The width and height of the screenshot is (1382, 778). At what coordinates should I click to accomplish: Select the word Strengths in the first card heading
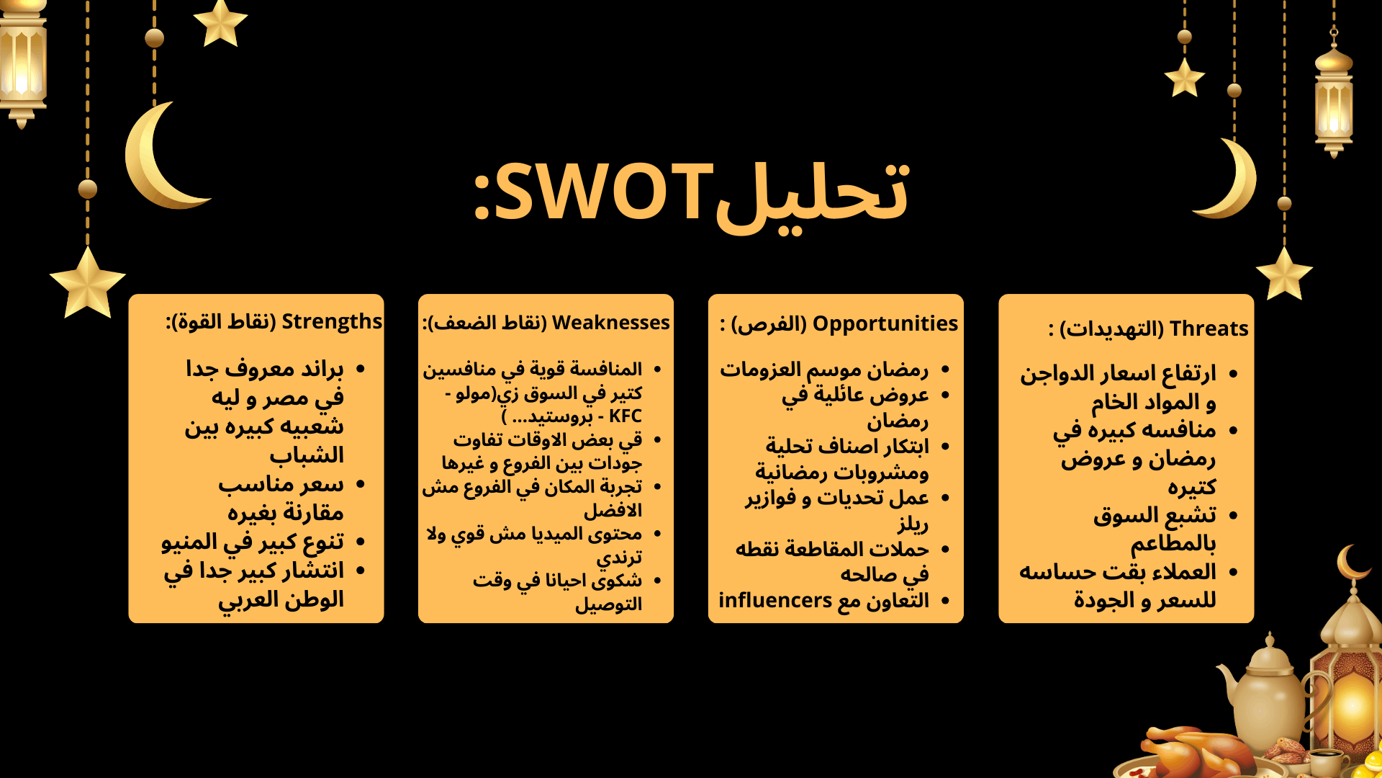332,321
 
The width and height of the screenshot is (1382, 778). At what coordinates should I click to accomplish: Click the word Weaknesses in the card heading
610,323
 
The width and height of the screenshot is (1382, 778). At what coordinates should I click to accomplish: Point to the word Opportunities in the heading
885,324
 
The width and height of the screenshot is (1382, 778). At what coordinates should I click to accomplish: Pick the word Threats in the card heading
1209,328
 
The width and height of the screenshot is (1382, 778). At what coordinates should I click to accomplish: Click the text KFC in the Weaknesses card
625,416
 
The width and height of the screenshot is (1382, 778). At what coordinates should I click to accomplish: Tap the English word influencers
775,600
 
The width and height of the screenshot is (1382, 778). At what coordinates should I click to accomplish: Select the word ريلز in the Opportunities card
913,524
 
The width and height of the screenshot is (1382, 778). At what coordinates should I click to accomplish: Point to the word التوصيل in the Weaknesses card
608,604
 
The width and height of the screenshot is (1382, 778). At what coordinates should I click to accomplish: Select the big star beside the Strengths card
88,283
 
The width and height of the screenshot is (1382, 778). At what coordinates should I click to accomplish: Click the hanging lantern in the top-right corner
1334,97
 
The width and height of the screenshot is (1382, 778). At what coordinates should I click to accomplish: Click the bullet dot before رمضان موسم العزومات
945,370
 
